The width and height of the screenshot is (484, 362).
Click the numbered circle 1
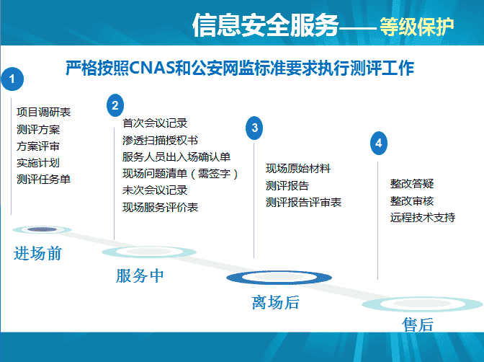click(x=12, y=79)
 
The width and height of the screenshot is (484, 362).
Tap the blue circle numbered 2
click(x=115, y=105)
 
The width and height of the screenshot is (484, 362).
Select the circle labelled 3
click(x=254, y=128)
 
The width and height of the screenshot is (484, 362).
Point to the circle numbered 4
click(x=379, y=143)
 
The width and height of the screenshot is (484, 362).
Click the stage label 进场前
click(x=37, y=254)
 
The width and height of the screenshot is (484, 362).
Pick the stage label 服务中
click(x=140, y=275)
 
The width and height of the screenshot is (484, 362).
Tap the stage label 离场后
click(x=276, y=302)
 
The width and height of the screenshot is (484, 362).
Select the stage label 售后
click(x=418, y=325)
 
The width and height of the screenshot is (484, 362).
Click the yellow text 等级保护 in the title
click(x=417, y=27)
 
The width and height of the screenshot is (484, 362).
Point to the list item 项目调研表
click(x=43, y=112)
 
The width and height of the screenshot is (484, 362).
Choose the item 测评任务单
click(x=43, y=179)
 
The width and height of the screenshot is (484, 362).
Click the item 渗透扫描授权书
click(x=160, y=141)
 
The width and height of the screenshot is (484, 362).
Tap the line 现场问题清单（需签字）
click(x=180, y=174)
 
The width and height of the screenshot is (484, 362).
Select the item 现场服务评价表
click(x=160, y=207)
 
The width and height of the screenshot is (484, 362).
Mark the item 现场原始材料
click(x=298, y=169)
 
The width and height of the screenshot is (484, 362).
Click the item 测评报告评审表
click(x=304, y=202)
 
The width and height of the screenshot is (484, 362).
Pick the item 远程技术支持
click(x=423, y=217)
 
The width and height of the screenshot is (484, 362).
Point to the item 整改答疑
click(x=412, y=184)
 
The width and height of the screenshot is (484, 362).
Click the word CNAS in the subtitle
click(x=152, y=68)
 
